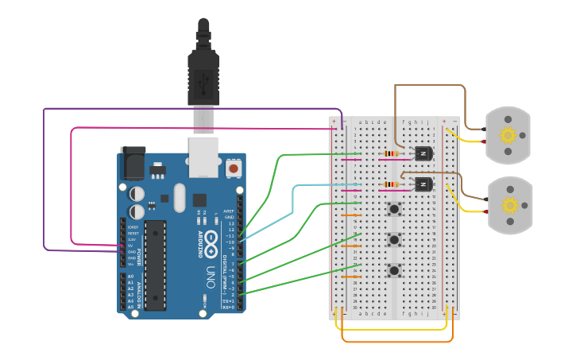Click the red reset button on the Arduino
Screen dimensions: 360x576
click(x=234, y=168)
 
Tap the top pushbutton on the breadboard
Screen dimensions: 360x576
click(x=394, y=209)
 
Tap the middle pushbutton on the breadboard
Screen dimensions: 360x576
click(x=394, y=239)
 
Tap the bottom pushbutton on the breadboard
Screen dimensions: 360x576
click(x=394, y=270)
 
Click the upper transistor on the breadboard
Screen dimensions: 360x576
click(x=423, y=153)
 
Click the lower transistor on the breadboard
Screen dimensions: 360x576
click(x=423, y=184)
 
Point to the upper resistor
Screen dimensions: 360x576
click(x=392, y=153)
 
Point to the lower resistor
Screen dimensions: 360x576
click(x=392, y=184)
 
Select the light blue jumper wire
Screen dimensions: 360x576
click(x=294, y=199)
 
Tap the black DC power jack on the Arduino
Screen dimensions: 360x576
click(x=132, y=164)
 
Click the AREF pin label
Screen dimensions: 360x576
click(x=229, y=211)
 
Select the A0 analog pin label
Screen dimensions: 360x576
click(x=130, y=277)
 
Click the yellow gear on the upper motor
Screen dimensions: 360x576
click(x=508, y=134)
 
